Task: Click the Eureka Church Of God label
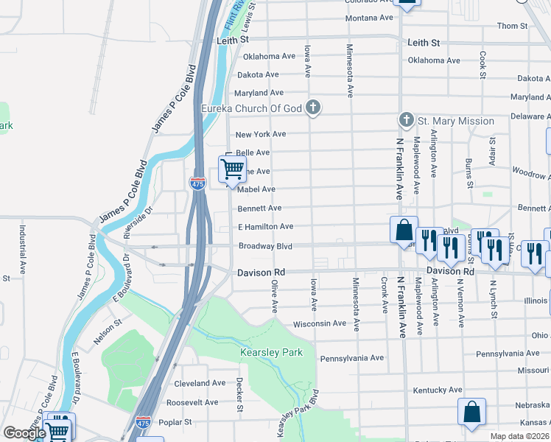(x=252, y=109)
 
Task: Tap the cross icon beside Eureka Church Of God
(x=313, y=108)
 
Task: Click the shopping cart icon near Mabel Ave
(x=232, y=169)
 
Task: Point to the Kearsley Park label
(x=271, y=353)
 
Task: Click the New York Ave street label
(x=260, y=134)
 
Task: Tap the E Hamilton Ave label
(x=265, y=227)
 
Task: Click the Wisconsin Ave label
(x=319, y=323)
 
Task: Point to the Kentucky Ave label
(x=438, y=390)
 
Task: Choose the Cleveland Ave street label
(x=200, y=384)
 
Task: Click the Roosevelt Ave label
(x=192, y=403)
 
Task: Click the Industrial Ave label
(x=23, y=246)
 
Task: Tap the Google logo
(x=24, y=433)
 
